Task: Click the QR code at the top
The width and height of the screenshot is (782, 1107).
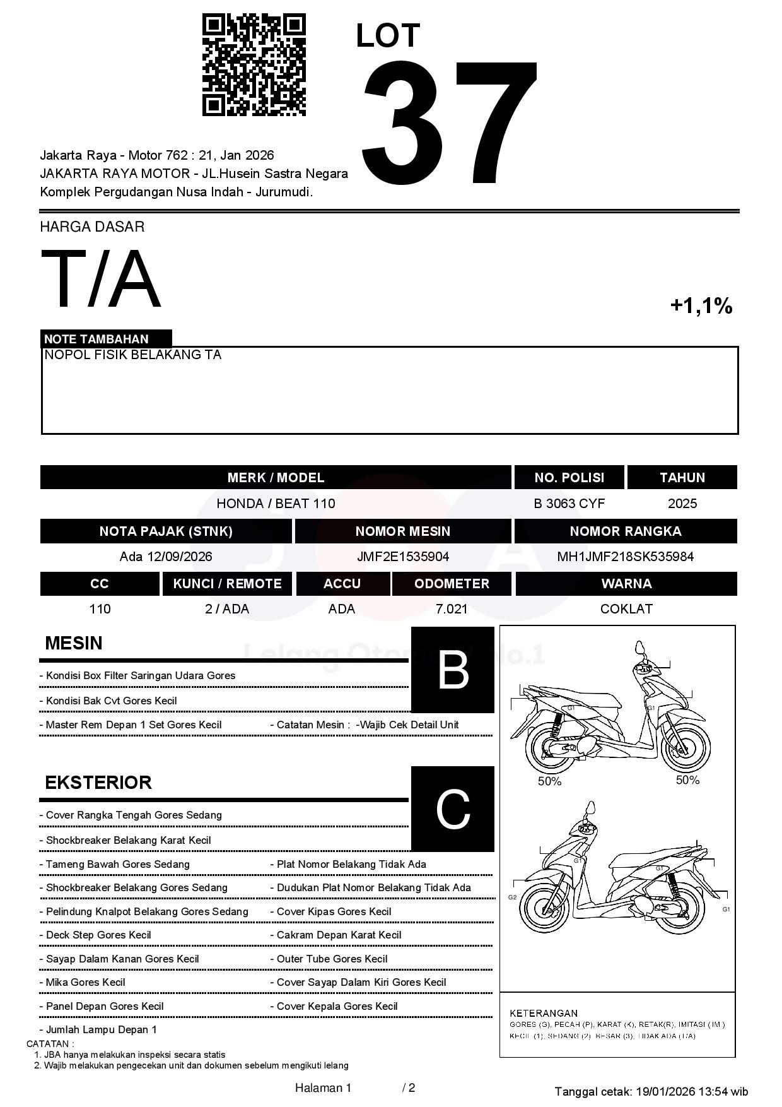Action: click(254, 65)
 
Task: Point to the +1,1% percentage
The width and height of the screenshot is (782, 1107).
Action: click(701, 306)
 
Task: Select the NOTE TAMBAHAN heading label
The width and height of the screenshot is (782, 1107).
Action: click(96, 339)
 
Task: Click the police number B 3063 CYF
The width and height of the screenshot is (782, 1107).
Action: click(569, 504)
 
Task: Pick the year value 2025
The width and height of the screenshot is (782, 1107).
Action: click(682, 504)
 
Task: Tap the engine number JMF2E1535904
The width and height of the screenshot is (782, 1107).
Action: click(403, 557)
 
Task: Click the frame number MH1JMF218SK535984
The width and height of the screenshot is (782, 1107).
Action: click(625, 557)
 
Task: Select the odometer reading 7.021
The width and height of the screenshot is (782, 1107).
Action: click(452, 609)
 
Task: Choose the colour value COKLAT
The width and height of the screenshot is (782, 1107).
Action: click(626, 609)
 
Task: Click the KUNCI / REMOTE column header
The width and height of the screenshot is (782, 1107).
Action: click(227, 584)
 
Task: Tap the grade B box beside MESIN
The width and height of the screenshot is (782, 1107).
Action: click(453, 670)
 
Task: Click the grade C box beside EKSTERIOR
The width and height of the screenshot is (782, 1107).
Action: click(453, 808)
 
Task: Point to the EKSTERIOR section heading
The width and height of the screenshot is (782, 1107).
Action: click(98, 783)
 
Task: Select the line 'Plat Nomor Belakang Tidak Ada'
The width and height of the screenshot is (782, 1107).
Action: click(351, 864)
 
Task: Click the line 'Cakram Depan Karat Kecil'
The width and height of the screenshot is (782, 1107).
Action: click(339, 935)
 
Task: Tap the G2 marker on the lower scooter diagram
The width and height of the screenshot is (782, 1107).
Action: click(513, 897)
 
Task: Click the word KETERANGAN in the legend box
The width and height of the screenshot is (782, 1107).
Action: click(544, 1013)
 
